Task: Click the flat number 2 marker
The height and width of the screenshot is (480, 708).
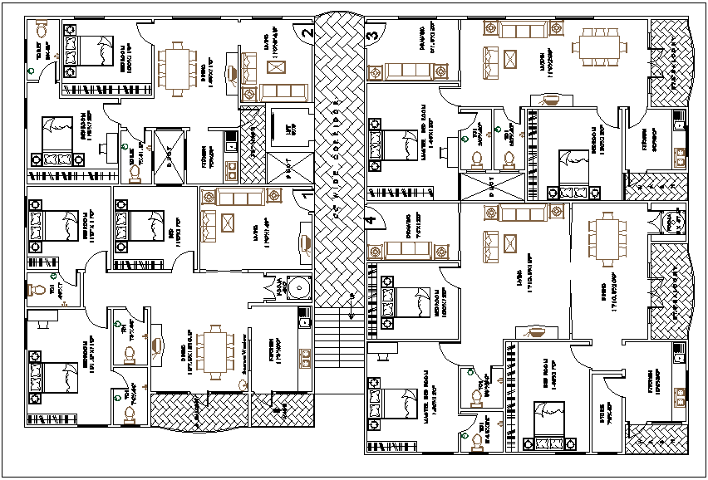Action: tap(307, 34)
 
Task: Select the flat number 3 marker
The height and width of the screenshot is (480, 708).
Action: tap(373, 36)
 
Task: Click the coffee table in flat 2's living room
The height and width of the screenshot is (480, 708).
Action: tap(250, 66)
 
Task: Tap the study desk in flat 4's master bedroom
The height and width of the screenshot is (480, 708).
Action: tap(379, 357)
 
